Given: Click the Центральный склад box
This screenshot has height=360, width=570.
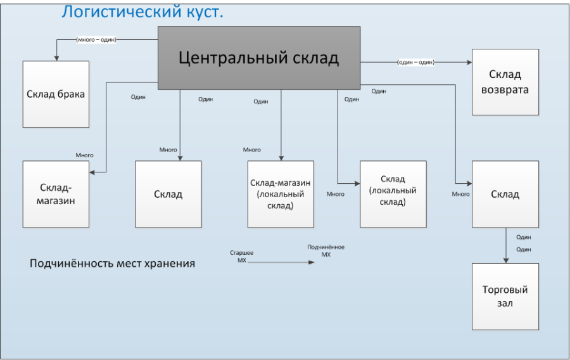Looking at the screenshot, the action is coord(259,58).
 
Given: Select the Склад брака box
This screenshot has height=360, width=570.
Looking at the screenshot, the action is coord(56,94).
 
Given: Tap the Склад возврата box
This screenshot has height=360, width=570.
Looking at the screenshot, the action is coord(505,82).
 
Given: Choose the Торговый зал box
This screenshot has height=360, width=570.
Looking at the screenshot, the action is coord(505,297).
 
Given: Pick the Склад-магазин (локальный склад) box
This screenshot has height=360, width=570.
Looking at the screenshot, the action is coord(281,194).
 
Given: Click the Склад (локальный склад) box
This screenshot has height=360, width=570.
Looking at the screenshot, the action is coord(393,194).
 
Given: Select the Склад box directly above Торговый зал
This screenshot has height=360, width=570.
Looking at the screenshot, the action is coord(505,194).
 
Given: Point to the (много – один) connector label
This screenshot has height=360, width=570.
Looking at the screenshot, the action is coord(96,40).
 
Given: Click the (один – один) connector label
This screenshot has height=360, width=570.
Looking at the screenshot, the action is coord(416,62).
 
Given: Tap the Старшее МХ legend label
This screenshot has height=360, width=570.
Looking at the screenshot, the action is coord(242,256).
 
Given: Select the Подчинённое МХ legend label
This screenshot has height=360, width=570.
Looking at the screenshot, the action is coord(326,250).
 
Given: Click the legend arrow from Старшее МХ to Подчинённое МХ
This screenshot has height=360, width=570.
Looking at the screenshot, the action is coord(281,262).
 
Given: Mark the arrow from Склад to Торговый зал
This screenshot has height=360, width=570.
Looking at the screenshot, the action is coord(505,245).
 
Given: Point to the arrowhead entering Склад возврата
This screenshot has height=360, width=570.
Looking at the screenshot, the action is coord(469,62).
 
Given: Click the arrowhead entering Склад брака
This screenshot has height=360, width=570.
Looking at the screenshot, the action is coord(56,58).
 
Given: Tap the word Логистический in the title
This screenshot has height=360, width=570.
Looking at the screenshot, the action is coord(122,12).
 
